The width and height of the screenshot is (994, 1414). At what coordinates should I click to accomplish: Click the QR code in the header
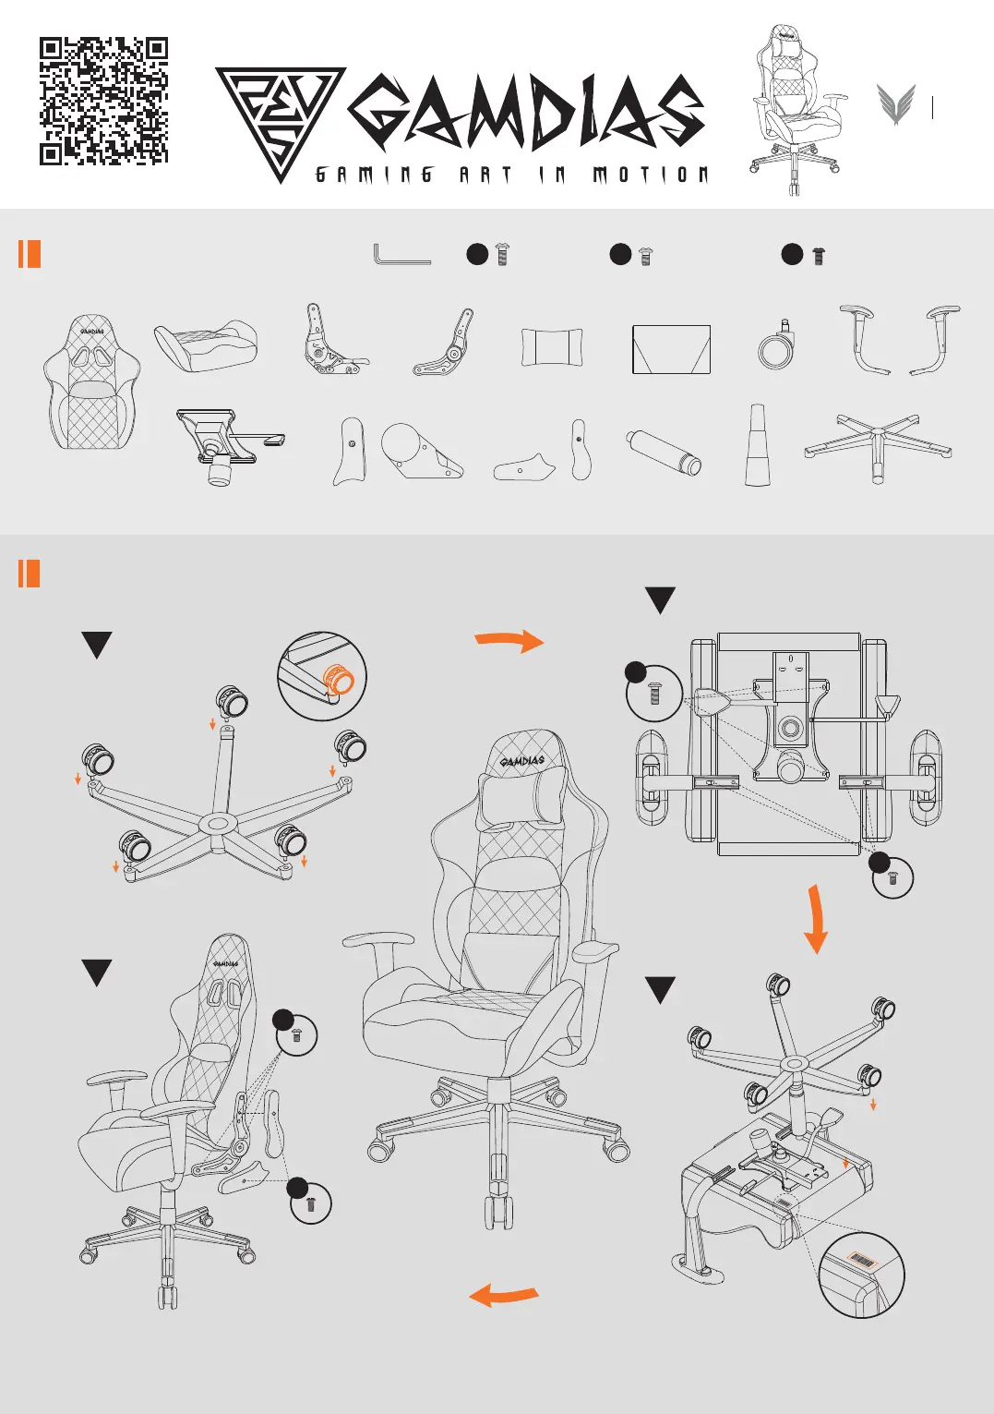point(103,102)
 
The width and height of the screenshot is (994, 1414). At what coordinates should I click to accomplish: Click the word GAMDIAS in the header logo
point(526,113)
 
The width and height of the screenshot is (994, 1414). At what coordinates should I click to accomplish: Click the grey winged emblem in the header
point(895,104)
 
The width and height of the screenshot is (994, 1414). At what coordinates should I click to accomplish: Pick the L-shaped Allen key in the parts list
point(401,254)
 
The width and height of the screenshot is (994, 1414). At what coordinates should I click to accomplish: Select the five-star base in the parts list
point(878,446)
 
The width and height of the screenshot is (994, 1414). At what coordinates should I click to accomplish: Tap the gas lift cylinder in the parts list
point(664,452)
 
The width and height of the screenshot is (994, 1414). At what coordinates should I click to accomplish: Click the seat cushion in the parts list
point(206,345)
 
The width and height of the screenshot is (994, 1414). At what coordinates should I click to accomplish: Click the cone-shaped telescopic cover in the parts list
point(757,445)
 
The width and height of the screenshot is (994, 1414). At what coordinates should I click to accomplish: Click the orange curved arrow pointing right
point(509,640)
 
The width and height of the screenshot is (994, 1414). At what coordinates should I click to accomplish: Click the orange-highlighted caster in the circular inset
point(338,681)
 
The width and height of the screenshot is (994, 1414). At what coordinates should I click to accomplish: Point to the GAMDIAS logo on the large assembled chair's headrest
point(522,760)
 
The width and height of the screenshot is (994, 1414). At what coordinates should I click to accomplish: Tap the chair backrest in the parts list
point(92,382)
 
